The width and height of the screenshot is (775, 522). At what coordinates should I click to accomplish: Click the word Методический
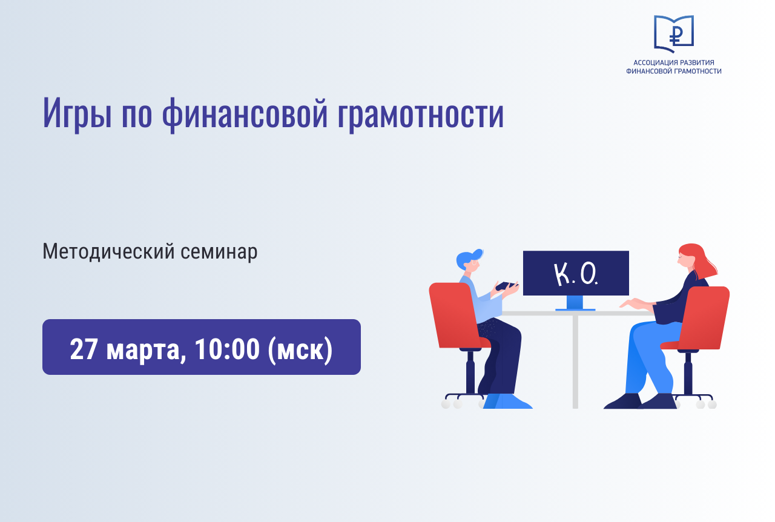pyautogui.click(x=108, y=252)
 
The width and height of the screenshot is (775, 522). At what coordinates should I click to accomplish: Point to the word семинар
pyautogui.click(x=219, y=252)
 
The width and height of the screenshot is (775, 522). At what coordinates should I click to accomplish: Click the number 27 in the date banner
pyautogui.click(x=84, y=349)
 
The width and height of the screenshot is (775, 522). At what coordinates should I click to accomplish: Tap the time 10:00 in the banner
pyautogui.click(x=227, y=349)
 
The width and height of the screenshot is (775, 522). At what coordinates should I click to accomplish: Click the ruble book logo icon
pyautogui.click(x=674, y=33)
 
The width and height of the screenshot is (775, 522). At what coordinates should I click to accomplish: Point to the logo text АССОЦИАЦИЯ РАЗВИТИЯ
pyautogui.click(x=674, y=62)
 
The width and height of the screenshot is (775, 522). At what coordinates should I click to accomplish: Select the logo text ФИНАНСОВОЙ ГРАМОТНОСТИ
pyautogui.click(x=674, y=71)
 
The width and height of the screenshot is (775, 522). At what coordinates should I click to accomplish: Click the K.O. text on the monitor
pyautogui.click(x=576, y=274)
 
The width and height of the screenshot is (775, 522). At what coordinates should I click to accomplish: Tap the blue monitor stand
pyautogui.click(x=575, y=303)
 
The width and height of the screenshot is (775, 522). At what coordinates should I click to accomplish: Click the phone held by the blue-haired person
pyautogui.click(x=506, y=286)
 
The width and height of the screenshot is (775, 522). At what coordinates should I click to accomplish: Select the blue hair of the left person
pyautogui.click(x=468, y=258)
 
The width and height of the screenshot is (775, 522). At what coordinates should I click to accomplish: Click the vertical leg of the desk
pyautogui.click(x=575, y=362)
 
